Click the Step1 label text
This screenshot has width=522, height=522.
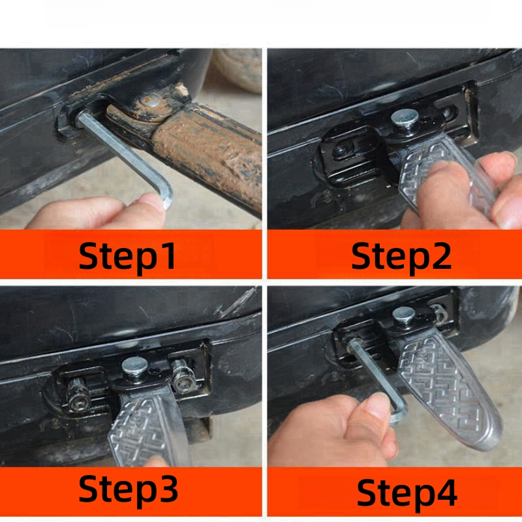pos(127,256)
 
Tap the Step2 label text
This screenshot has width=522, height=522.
pos(401,256)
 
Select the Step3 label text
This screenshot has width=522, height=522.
pos(128,489)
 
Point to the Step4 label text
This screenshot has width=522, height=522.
pos(407,493)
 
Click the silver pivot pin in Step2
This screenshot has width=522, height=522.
pos(405,117)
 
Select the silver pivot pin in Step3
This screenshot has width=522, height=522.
pos(134,365)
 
